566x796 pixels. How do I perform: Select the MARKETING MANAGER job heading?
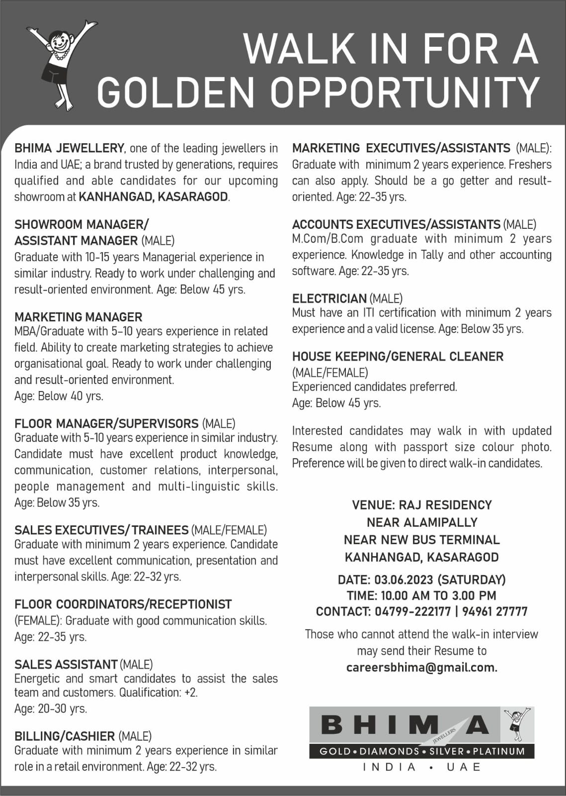(x=79, y=317)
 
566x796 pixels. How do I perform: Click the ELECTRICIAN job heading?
(x=329, y=298)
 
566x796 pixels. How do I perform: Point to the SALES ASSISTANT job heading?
(x=66, y=665)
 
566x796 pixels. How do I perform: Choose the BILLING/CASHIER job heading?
(x=65, y=736)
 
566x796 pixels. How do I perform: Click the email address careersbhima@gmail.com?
(x=421, y=668)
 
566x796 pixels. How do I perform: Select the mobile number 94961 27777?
(x=494, y=611)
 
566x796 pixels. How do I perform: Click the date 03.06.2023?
(x=404, y=580)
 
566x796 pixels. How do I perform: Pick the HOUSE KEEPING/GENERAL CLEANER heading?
(x=398, y=357)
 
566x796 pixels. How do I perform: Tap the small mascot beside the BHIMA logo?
(x=517, y=724)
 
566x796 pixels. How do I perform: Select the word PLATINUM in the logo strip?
(x=498, y=751)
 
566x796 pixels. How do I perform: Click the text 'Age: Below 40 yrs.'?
(x=59, y=397)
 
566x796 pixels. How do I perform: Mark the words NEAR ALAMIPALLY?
(x=422, y=522)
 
